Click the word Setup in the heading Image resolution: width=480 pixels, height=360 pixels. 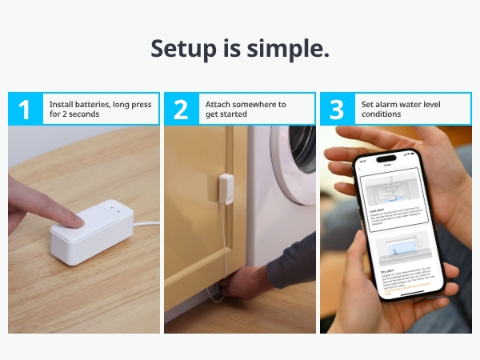tap(184, 49)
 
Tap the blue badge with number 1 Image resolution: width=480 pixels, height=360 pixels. tap(25, 109)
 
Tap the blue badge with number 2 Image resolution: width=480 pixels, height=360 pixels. tap(181, 109)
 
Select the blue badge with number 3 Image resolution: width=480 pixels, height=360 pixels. tap(337, 109)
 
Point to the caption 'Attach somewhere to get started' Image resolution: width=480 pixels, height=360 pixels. tap(246, 109)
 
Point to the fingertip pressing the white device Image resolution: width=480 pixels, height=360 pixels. tap(71, 218)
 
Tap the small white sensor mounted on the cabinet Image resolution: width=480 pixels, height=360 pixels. tap(226, 186)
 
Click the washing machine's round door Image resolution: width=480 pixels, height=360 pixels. tap(298, 160)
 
